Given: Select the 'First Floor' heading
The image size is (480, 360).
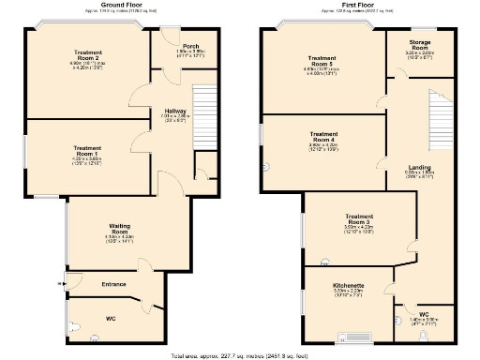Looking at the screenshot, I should click(x=353, y=5).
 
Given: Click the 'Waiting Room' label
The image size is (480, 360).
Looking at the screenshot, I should click(x=119, y=228).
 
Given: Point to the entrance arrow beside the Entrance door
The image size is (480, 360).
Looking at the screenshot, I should click(x=61, y=282).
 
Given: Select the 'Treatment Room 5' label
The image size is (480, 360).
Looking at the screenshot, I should click(x=322, y=61).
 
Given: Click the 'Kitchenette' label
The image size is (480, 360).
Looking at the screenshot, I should click(x=348, y=284).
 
